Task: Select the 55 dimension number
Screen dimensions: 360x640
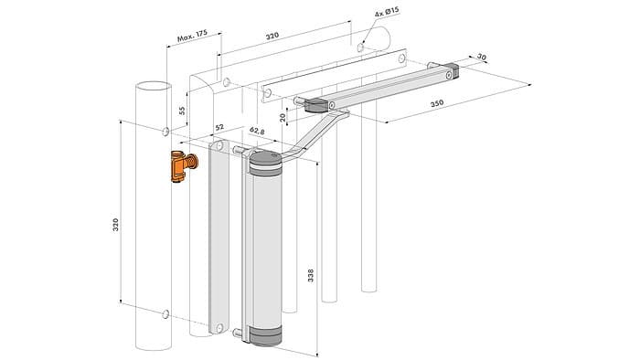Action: click(181, 110)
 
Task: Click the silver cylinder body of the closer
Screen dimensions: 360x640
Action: click(264, 247)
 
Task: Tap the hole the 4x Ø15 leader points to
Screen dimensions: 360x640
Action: click(362, 44)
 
